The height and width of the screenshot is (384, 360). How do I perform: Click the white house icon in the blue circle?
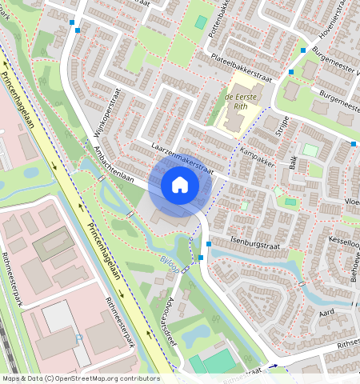point(180,186)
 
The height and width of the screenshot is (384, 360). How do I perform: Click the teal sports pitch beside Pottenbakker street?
point(201,22)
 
